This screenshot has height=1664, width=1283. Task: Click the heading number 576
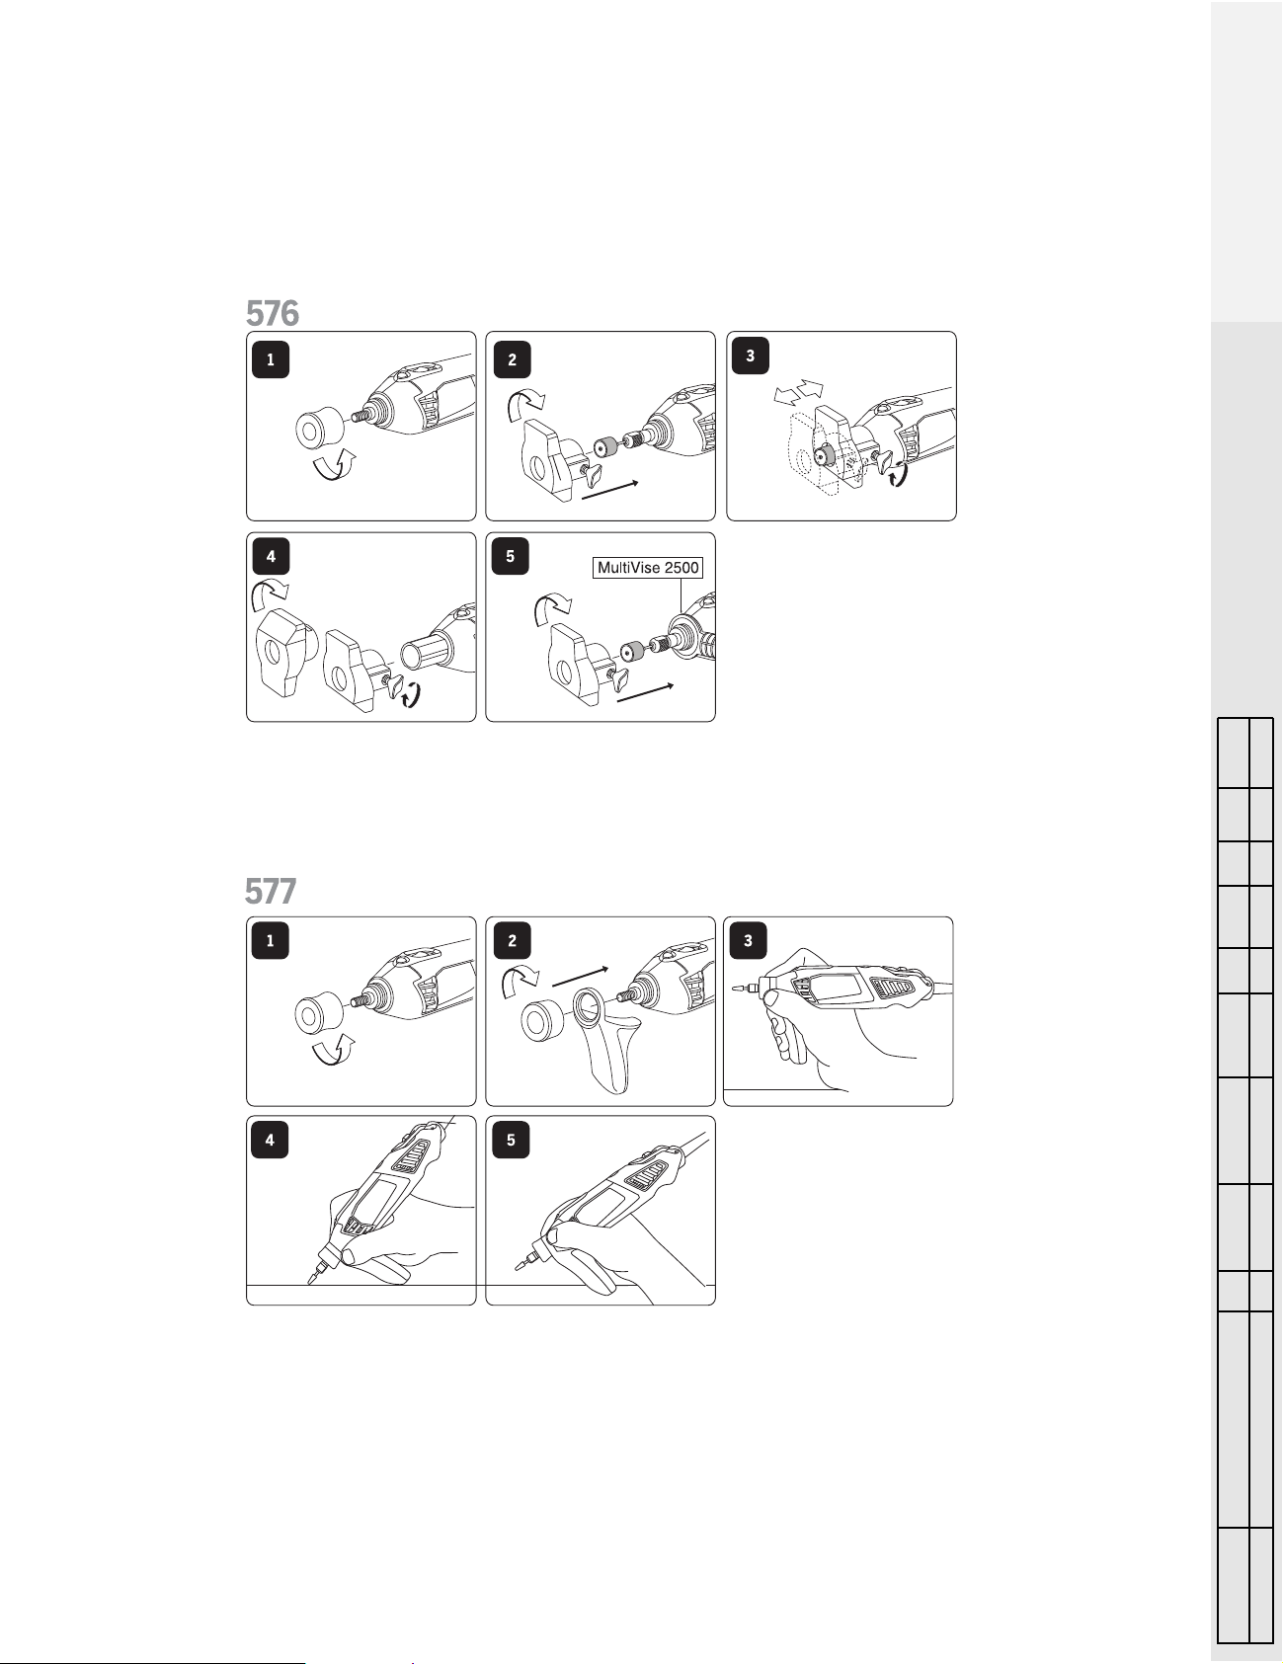tap(273, 313)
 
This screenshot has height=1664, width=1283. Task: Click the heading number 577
tap(271, 892)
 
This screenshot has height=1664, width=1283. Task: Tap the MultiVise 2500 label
tap(648, 568)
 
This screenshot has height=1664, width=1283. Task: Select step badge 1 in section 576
tap(271, 359)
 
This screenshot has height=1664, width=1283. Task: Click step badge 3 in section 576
tap(751, 356)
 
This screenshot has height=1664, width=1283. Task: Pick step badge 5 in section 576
tap(510, 556)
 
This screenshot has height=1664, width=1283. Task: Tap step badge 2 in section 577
tap(512, 940)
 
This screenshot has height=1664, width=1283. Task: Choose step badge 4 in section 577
tap(270, 1141)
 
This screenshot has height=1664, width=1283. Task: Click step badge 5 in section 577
tap(511, 1141)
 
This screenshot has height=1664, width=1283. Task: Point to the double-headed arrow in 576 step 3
tap(798, 391)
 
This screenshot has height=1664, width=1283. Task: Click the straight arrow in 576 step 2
tap(612, 491)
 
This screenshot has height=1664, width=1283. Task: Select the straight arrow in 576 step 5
tap(645, 692)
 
